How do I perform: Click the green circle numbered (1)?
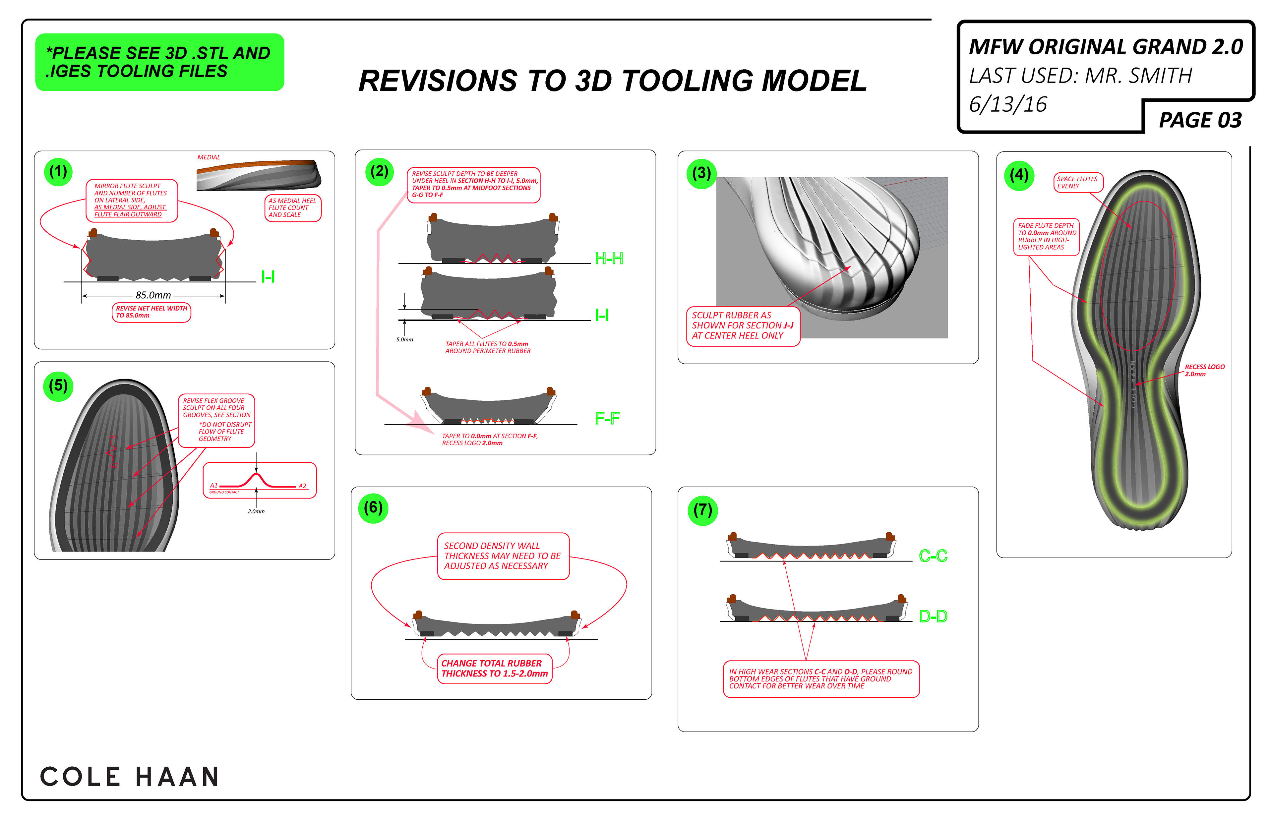point(58,172)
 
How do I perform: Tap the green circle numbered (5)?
point(58,386)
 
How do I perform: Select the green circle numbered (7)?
point(702,510)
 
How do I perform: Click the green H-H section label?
point(608,259)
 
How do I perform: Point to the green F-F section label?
point(607,419)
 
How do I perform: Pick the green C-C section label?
point(933,556)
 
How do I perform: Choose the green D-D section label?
point(933,616)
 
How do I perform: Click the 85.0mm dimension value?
point(153,295)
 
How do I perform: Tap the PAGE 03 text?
point(1200,120)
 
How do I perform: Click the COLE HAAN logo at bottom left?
point(130,776)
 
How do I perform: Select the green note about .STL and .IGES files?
point(159,62)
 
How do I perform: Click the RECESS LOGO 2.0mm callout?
point(1204,371)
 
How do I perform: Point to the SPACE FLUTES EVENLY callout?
point(1078,182)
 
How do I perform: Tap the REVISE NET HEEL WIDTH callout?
point(152,312)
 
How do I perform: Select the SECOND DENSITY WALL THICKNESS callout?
point(503,556)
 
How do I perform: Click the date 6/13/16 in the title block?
point(1007,104)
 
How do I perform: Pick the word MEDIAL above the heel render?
point(209,157)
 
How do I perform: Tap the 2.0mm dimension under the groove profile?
point(256,511)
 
